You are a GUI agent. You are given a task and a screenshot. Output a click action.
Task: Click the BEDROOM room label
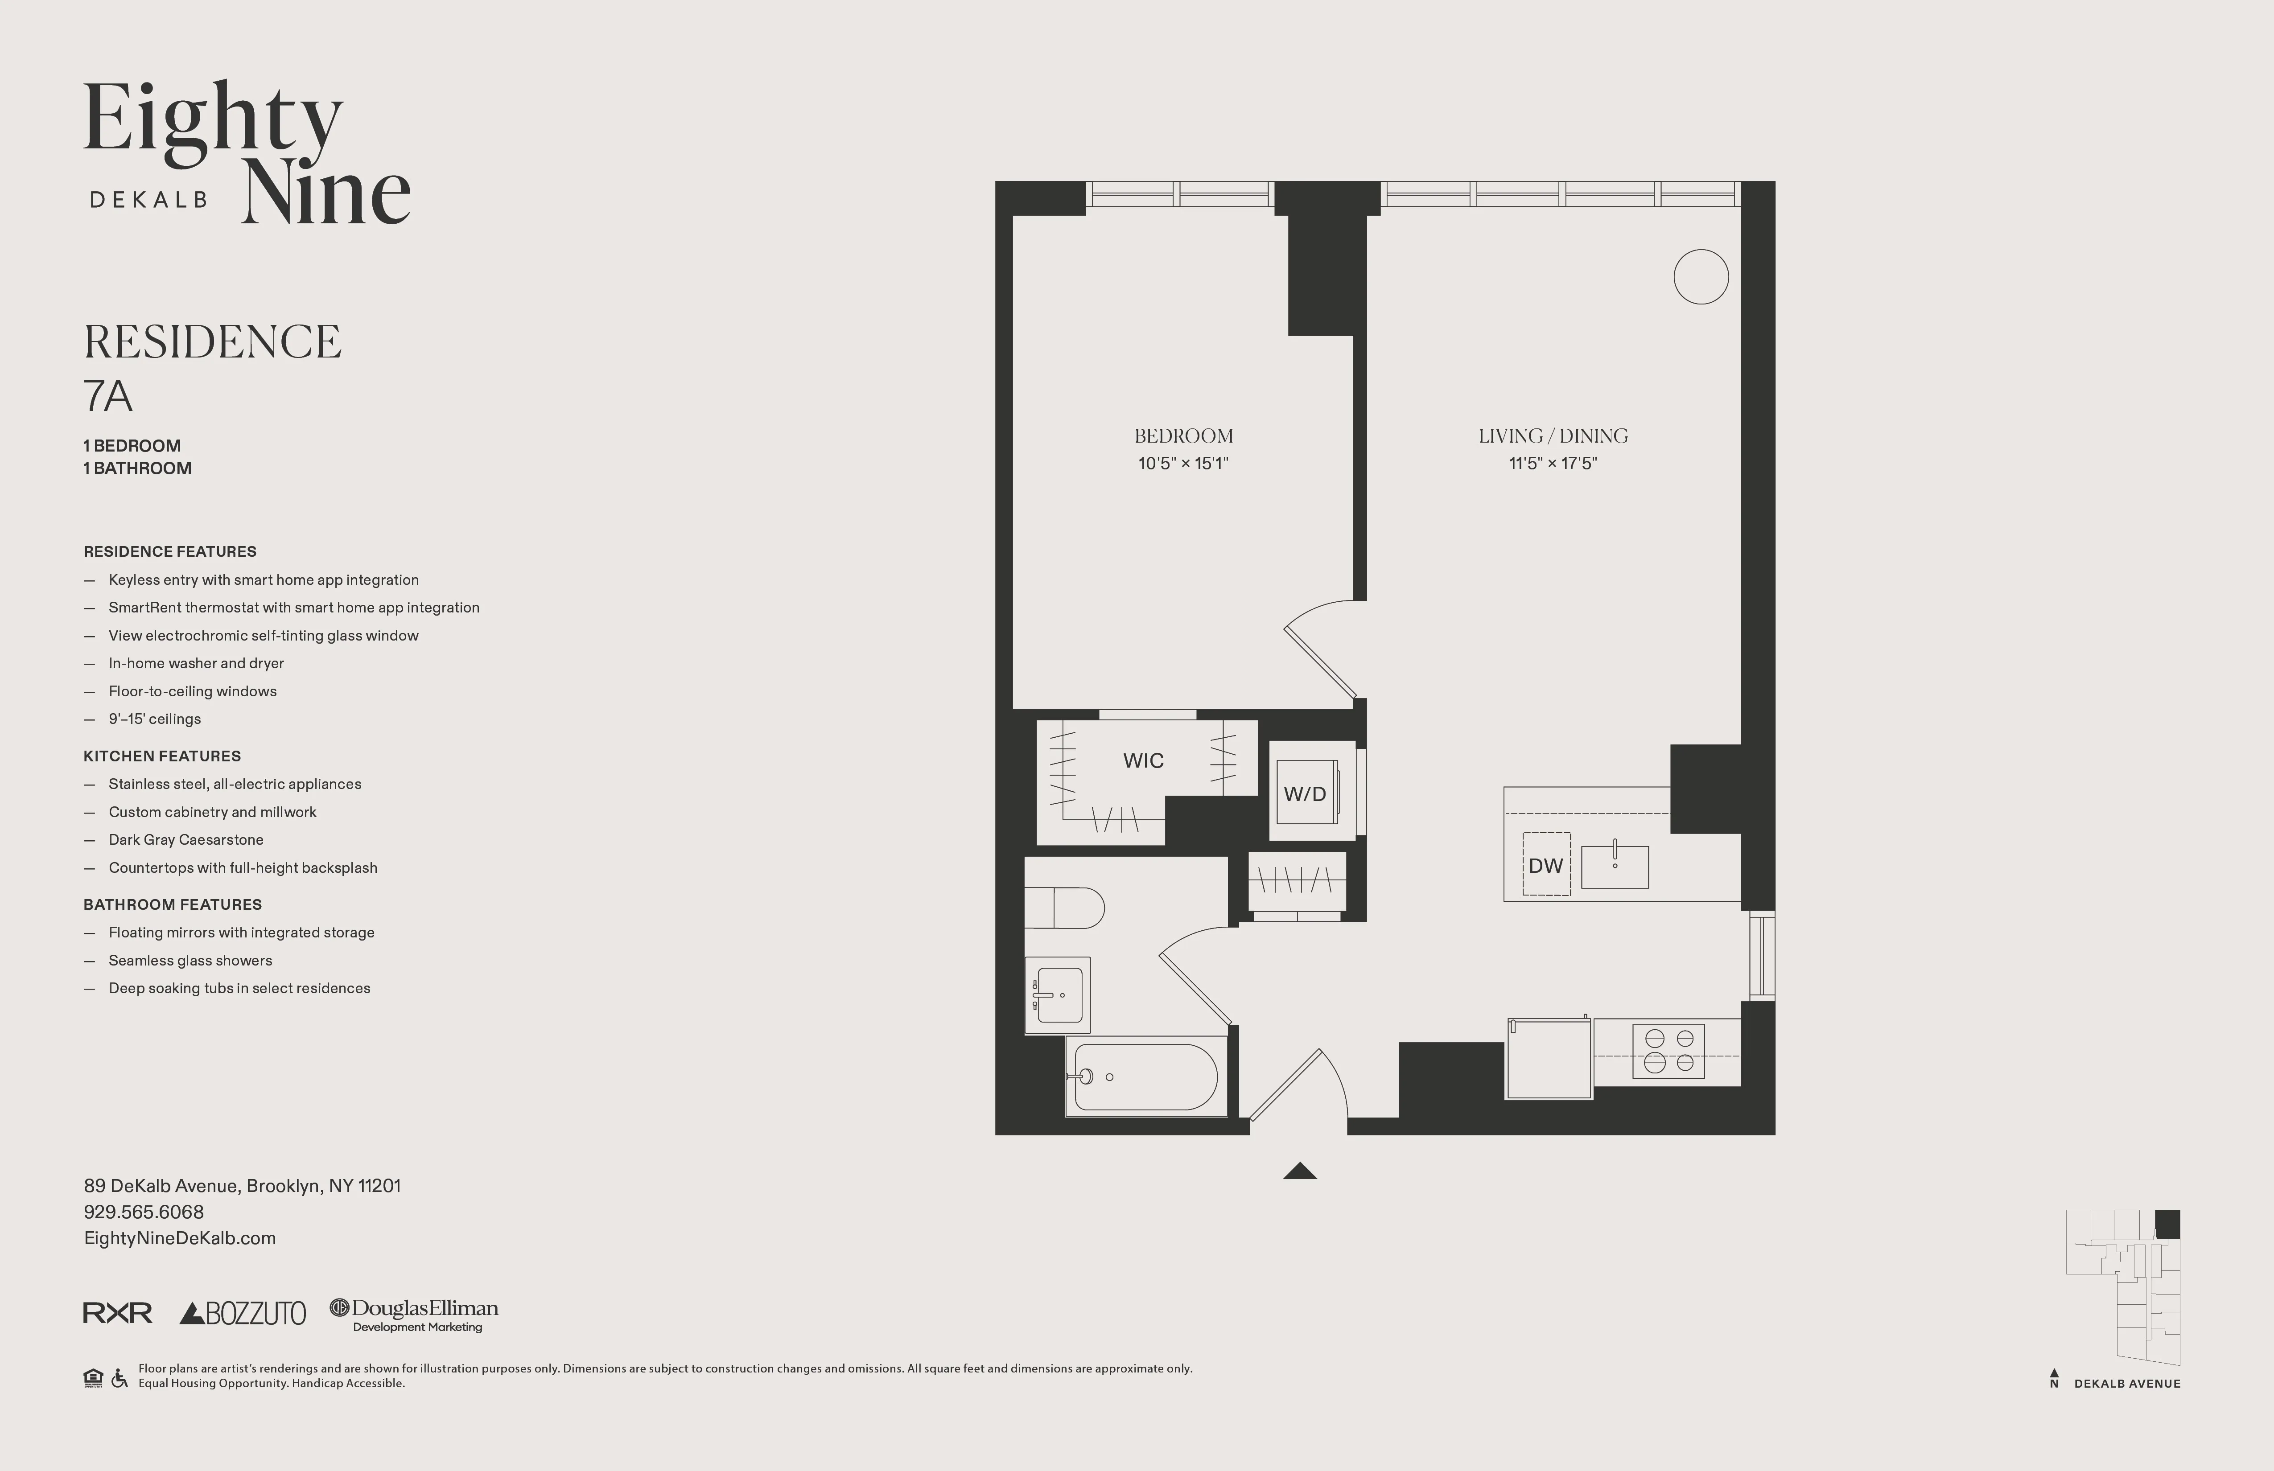(x=1183, y=436)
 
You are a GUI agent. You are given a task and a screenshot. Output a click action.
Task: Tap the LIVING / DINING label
(x=1553, y=436)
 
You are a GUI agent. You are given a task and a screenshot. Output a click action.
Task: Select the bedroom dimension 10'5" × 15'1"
(x=1183, y=463)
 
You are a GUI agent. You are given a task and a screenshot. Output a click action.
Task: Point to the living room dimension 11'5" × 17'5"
(x=1553, y=463)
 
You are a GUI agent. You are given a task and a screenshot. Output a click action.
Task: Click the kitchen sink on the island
(x=1615, y=867)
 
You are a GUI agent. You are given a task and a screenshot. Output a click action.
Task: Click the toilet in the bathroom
(x=1065, y=908)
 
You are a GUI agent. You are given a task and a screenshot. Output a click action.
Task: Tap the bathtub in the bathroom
(x=1145, y=1077)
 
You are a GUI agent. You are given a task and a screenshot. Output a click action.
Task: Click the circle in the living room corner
(x=1701, y=277)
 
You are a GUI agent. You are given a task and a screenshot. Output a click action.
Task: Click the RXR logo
(x=118, y=1313)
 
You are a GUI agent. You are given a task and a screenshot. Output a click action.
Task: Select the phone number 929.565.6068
(x=143, y=1212)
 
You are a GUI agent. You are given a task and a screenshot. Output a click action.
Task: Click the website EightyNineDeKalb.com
(x=180, y=1238)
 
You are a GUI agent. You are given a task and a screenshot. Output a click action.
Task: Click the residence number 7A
(x=108, y=396)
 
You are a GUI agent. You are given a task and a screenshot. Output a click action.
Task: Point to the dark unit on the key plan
(x=2167, y=1224)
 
